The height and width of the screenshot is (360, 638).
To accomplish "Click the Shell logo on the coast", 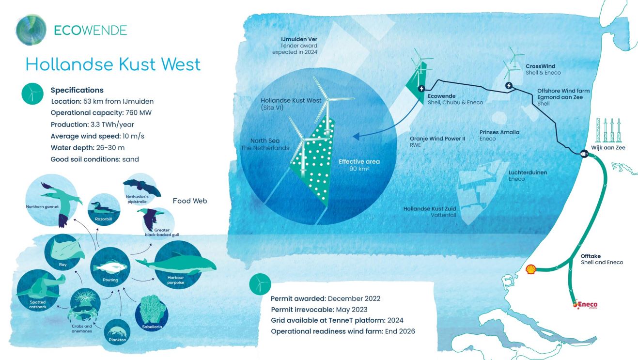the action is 530,269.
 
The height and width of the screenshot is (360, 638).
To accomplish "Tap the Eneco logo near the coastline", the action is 585,304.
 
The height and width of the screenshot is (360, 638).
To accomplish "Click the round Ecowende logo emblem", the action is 31,30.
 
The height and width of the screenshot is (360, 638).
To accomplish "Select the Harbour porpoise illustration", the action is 176,265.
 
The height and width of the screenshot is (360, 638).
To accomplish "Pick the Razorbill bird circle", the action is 104,209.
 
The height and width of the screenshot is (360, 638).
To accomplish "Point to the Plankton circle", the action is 117,332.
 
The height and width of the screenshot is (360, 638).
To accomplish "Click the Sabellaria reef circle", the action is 152,313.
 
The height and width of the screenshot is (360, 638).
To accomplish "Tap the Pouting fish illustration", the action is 110,267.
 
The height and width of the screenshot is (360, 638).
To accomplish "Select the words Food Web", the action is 190,201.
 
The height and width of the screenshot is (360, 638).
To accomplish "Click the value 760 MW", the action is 139,112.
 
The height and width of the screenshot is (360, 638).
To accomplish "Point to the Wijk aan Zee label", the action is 608,147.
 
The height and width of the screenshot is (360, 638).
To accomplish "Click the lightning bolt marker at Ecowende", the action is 421,89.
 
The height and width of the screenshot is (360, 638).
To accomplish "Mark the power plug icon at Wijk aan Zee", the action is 584,154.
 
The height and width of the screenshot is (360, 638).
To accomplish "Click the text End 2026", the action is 400,331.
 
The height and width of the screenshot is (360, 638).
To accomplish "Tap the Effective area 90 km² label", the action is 359,165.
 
